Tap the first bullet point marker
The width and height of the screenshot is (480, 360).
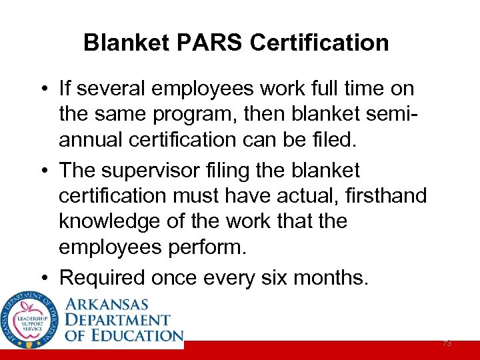click(x=43, y=89)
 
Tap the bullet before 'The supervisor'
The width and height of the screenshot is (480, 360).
click(x=43, y=171)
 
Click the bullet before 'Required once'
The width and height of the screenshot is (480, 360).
click(x=43, y=278)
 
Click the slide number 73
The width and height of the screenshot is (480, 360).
click(x=447, y=343)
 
